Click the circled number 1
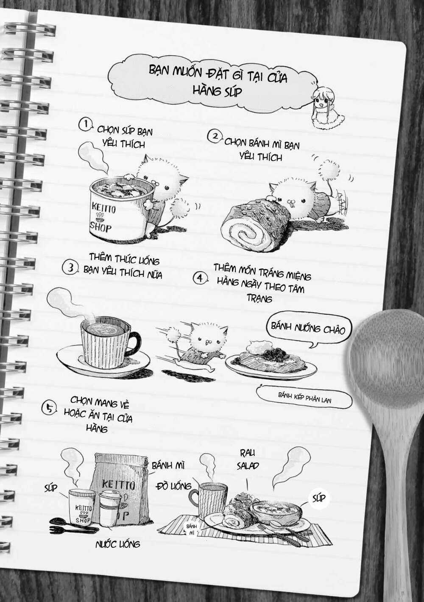(86, 125)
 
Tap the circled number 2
(215, 137)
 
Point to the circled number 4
(200, 279)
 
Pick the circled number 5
(50, 408)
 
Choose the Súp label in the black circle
(319, 498)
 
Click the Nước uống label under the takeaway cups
(117, 544)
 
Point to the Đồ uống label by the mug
(174, 485)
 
